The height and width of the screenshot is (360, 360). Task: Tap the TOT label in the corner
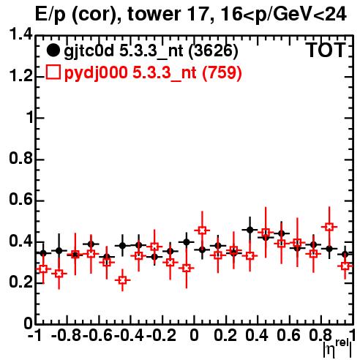326,50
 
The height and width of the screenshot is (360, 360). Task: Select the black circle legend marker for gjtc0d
53,50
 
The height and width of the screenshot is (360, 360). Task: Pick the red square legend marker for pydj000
53,72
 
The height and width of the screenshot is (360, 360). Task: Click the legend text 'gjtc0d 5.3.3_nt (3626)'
151,51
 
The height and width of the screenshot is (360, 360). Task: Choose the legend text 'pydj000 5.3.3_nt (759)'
153,72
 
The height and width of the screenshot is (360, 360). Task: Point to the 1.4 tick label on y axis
20,34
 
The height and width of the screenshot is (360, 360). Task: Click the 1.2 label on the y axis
20,76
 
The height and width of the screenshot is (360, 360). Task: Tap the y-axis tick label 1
29,118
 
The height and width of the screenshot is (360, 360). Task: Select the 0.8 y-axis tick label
20,159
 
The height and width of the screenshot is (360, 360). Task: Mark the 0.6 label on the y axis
20,200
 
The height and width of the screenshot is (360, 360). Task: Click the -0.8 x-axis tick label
67,336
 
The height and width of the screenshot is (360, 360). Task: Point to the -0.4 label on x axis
130,336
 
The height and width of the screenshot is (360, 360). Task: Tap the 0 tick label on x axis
194,336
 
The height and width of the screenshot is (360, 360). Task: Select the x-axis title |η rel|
337,348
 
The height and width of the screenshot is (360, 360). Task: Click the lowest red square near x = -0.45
122,280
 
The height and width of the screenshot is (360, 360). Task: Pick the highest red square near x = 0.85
329,227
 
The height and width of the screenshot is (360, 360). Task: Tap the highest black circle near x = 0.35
250,230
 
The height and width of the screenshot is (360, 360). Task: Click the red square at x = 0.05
202,230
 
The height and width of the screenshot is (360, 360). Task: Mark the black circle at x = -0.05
187,242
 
